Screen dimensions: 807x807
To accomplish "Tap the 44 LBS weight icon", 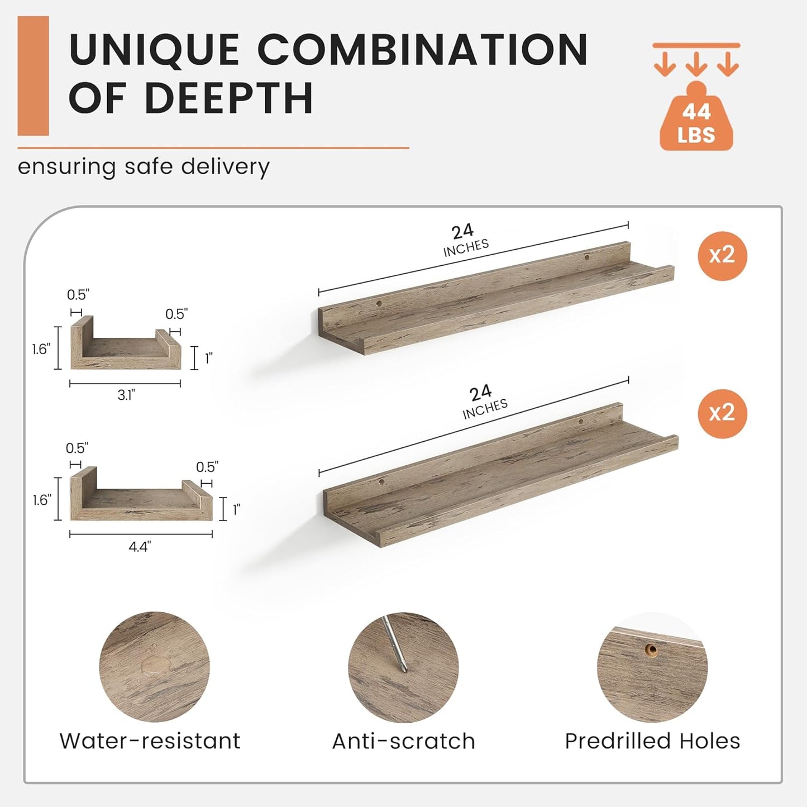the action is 696,116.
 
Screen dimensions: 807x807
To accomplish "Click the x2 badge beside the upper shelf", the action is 723,255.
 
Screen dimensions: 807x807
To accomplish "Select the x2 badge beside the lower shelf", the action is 723,413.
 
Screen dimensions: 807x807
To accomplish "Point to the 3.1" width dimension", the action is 126,394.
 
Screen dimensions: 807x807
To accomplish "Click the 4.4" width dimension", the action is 140,547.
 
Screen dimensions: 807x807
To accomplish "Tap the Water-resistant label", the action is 150,741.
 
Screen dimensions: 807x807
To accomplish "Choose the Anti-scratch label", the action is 404,741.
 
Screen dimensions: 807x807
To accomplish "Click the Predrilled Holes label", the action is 652,741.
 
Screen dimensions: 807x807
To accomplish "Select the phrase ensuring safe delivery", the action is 144,167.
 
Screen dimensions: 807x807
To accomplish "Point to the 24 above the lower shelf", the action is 480,393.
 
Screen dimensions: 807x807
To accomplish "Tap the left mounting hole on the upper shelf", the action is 379,303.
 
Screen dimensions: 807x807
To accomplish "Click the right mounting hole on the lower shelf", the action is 580,422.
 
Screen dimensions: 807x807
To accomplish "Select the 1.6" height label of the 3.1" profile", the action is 41,349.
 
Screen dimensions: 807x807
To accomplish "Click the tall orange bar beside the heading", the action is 33,76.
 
